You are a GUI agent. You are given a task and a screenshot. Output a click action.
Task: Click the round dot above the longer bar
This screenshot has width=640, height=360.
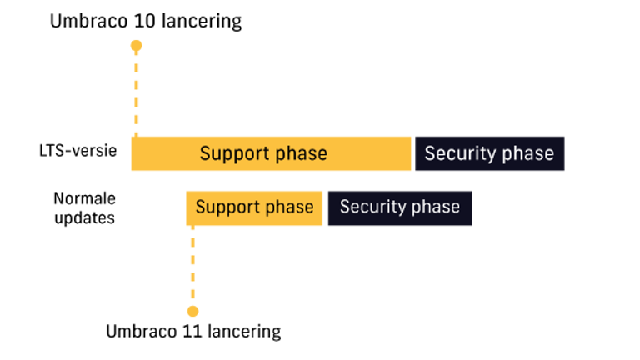[136, 45]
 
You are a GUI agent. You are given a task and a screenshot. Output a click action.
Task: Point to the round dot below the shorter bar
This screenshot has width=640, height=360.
[192, 312]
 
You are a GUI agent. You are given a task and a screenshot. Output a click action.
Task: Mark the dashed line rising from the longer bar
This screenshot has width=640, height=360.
[136, 92]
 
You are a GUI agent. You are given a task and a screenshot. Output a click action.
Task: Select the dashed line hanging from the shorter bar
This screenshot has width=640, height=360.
[192, 267]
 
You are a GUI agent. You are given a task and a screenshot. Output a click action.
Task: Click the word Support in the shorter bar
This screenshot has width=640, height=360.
[224, 207]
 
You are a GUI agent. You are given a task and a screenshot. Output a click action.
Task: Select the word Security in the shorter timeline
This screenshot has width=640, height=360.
[369, 207]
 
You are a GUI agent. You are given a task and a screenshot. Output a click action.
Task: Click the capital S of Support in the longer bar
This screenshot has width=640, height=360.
[205, 153]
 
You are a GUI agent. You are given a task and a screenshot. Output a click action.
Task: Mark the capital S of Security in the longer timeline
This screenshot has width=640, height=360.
[430, 153]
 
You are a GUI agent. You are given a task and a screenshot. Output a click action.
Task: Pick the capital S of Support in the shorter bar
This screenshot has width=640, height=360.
[200, 207]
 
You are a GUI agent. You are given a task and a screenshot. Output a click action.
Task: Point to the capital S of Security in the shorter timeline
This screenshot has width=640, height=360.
[344, 207]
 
